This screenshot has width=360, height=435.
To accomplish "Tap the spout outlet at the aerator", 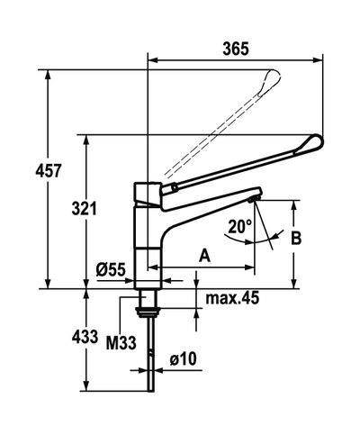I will coord(254,200).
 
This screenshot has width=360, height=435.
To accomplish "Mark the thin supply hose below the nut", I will coord(148,356).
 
